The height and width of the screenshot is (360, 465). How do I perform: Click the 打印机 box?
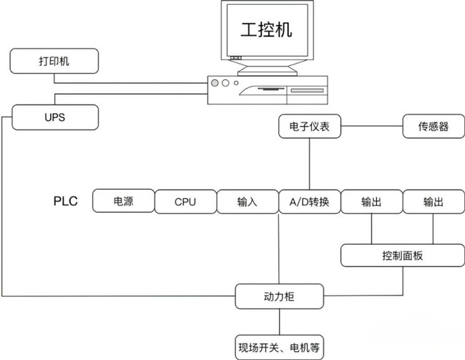click(54, 61)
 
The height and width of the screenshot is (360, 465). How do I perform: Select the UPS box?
click(54, 117)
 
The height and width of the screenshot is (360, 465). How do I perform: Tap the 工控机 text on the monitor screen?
click(265, 31)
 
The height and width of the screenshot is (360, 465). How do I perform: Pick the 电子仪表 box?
click(309, 127)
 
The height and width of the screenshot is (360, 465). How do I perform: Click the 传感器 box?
click(434, 127)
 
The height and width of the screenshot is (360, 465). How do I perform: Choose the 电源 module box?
click(123, 202)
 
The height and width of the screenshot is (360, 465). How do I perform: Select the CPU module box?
click(185, 202)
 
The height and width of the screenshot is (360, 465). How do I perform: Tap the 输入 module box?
click(247, 202)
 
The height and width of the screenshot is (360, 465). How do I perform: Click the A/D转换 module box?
click(309, 202)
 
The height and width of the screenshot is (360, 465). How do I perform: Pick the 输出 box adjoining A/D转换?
click(371, 202)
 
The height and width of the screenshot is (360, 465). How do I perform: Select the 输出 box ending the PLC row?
click(434, 202)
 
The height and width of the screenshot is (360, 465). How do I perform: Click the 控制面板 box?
click(403, 255)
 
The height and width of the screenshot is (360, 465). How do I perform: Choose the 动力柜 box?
click(279, 294)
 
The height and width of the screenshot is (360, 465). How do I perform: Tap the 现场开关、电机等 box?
click(279, 348)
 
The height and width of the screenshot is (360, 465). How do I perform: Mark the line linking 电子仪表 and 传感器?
click(372, 127)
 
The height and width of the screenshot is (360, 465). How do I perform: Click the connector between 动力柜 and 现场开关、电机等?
click(279, 320)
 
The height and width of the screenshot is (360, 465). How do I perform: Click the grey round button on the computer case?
click(215, 83)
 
